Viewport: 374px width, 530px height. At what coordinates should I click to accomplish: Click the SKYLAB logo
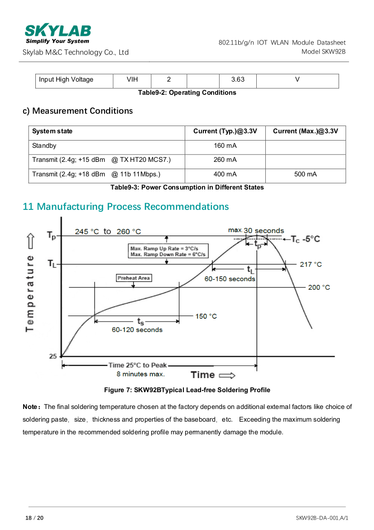(58, 34)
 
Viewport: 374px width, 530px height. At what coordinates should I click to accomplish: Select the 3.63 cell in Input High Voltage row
(237, 80)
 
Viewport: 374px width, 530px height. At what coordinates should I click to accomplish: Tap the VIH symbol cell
(132, 80)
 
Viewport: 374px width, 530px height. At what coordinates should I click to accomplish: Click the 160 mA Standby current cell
(225, 146)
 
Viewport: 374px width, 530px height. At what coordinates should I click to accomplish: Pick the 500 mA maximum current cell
(305, 174)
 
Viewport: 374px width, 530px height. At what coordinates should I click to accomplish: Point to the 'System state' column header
(53, 131)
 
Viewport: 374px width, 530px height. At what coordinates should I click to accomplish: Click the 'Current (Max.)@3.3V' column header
(305, 131)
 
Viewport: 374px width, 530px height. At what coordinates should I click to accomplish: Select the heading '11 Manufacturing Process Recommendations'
(126, 207)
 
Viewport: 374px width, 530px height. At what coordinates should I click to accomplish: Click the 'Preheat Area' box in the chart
(134, 278)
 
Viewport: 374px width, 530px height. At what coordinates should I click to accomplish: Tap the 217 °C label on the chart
(311, 264)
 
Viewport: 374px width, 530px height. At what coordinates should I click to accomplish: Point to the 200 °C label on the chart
(319, 287)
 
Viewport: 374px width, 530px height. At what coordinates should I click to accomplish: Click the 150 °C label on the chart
(206, 316)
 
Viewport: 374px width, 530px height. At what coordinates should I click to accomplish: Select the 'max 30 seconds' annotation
(256, 231)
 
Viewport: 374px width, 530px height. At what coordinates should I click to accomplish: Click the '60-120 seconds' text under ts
(137, 330)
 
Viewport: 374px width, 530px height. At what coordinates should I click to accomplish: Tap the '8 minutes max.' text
(141, 374)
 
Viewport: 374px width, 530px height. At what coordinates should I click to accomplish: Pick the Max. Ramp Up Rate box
(168, 251)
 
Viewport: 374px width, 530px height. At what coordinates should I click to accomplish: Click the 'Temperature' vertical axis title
(30, 292)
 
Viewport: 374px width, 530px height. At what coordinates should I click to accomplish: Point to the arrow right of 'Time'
(227, 375)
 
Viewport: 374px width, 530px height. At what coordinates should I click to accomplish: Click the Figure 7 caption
(187, 390)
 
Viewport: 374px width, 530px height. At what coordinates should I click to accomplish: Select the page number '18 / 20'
(34, 518)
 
